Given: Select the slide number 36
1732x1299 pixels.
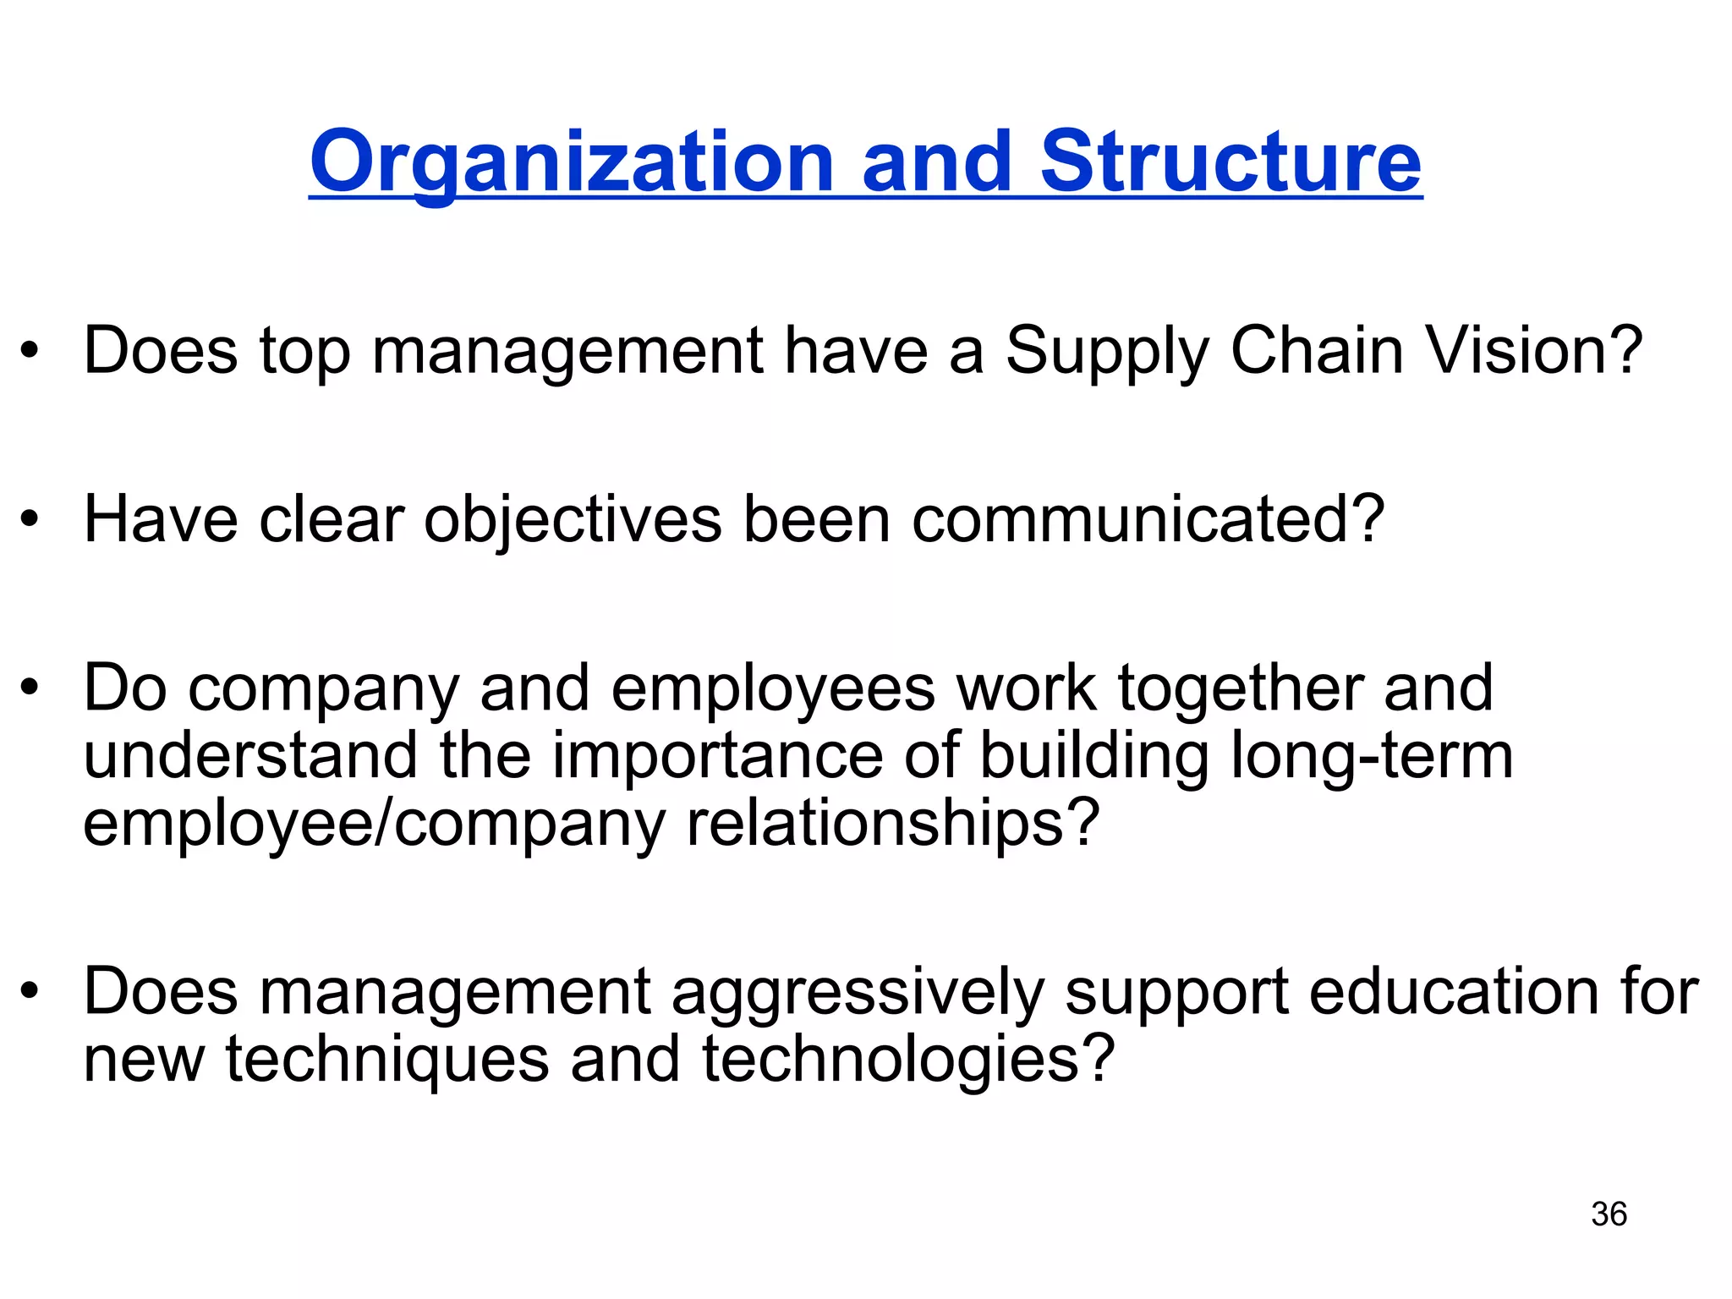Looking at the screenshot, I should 1609,1214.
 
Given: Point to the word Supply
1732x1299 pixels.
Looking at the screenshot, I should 1107,352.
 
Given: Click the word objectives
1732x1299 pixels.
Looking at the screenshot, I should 573,521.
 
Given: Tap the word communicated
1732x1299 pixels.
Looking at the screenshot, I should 1148,519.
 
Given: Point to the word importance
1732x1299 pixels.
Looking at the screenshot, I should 718,756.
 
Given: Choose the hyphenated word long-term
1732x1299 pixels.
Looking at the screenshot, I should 1371,756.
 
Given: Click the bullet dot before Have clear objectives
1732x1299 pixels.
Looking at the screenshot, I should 30,519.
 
